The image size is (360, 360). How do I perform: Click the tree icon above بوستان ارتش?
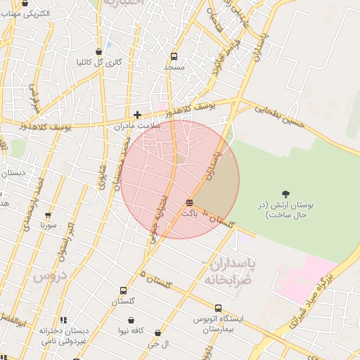coord(285,193)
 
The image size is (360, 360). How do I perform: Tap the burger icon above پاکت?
coord(189,202)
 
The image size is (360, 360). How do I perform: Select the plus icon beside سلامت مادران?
coord(137,115)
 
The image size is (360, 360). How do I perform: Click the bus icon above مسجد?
coord(174,56)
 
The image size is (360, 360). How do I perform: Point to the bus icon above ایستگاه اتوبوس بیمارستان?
coord(218,308)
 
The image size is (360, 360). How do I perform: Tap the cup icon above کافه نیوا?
coord(131,320)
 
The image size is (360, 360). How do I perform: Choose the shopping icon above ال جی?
coord(157,333)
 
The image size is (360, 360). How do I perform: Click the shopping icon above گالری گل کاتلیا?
coord(100,51)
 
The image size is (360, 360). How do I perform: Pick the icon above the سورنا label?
coord(48,215)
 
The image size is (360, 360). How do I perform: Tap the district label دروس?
coord(49,275)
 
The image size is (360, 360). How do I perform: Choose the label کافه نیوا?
coord(131,330)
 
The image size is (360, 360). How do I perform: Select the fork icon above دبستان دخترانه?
coord(63,321)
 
